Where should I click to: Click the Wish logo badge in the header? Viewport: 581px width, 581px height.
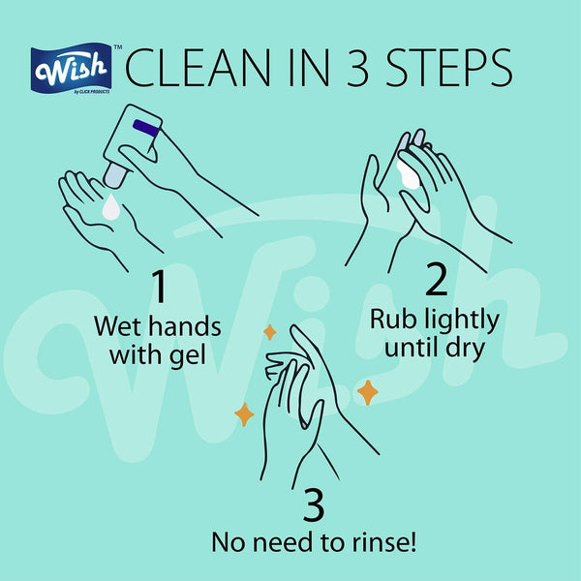pos(71,69)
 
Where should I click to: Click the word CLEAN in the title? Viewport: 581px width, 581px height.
pos(199,69)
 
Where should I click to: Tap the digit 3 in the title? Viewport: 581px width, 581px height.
pos(358,69)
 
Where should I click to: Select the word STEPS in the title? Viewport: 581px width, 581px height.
pos(449,69)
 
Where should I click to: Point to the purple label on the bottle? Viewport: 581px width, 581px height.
pos(146,128)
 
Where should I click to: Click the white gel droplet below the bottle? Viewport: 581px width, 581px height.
pos(111,207)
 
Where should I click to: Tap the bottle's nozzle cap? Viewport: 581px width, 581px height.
pos(115,176)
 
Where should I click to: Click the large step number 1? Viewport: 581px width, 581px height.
pos(160,286)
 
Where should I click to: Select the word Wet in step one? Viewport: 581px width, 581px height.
pos(118,326)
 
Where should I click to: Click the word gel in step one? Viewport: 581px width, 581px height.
pos(188,355)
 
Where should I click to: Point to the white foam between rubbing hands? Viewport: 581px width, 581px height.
pos(408,174)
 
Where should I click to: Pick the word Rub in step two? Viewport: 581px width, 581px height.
pos(393,319)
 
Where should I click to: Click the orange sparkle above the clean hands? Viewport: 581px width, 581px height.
pos(270,332)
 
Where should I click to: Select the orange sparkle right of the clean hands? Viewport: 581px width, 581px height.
pos(368,392)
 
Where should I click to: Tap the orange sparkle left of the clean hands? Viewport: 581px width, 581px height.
pos(244,414)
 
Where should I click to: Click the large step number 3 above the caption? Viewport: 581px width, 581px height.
pos(314,505)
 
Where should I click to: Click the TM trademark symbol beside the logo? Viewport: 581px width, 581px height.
pos(118,47)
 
